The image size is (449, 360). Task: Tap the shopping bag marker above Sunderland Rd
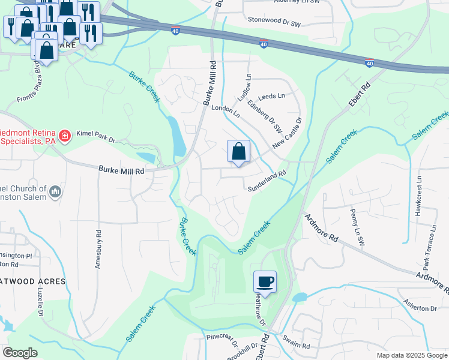coord(238,152)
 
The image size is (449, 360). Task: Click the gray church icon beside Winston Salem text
coord(56,192)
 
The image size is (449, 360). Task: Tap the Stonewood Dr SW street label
coord(274,24)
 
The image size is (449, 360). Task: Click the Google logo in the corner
coord(20,353)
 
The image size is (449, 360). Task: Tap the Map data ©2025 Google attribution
coord(411,355)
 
